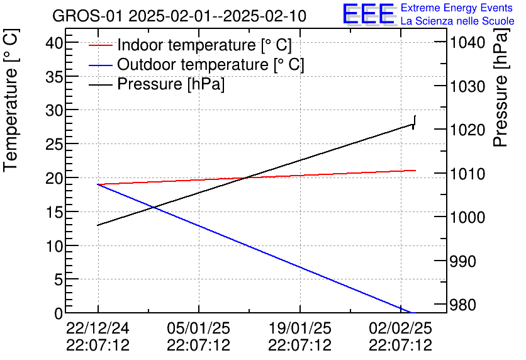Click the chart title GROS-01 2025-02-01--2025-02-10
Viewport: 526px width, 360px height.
179,16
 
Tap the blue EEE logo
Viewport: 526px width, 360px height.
368,14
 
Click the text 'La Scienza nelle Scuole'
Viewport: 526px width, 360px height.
457,21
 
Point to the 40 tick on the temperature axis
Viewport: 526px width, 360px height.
55,42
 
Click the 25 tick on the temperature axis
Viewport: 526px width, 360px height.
55,144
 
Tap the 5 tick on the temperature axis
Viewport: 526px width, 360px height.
59,280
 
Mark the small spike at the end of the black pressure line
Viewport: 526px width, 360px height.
415,121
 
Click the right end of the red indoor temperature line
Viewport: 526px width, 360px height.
415,170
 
